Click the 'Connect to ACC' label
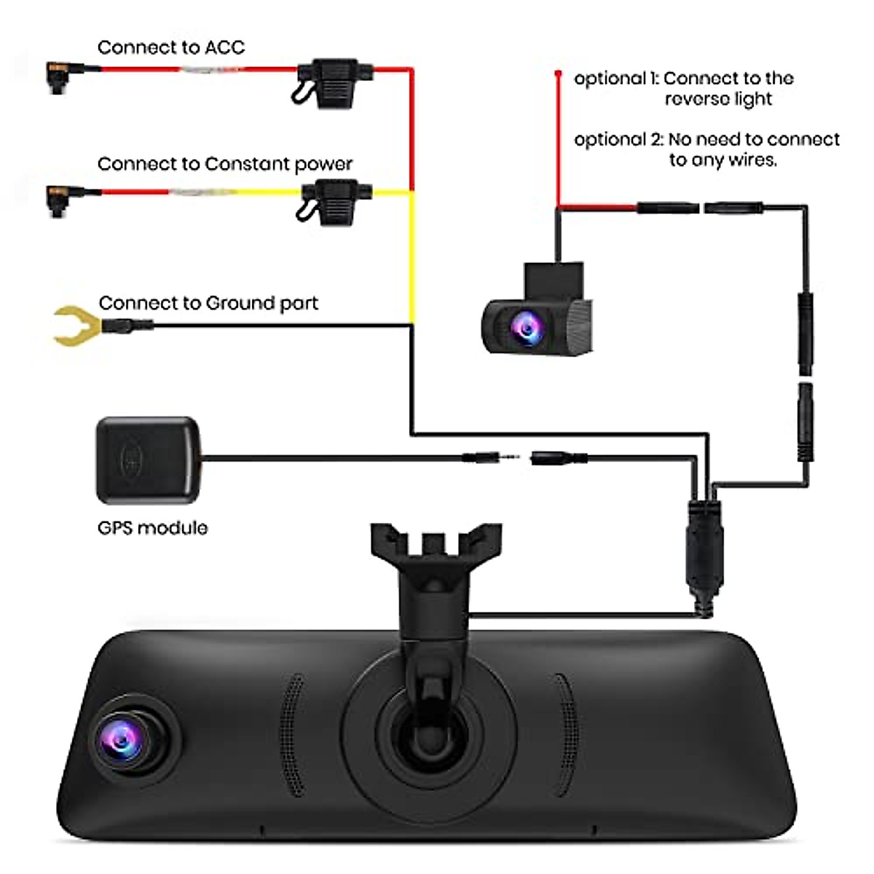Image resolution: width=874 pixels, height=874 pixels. [171, 48]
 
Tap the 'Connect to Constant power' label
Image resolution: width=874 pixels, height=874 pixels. [224, 164]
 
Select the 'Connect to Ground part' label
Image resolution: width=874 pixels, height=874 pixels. [208, 303]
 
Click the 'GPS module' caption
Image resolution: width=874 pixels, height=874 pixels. [152, 527]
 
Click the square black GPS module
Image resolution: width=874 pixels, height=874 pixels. [148, 460]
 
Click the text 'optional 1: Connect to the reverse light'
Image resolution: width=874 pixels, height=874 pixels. [683, 88]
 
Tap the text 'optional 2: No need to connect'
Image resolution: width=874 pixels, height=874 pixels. [706, 139]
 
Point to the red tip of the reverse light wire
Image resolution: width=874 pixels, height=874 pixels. [559, 74]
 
